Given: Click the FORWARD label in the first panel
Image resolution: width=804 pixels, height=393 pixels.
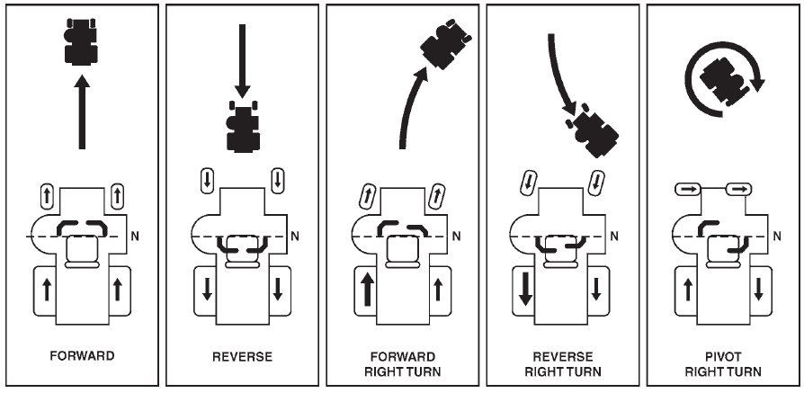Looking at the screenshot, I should coord(82,356).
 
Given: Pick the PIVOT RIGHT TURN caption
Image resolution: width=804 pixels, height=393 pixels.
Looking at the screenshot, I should coord(723,362).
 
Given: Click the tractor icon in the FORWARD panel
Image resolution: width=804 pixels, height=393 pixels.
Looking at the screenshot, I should coord(81,40).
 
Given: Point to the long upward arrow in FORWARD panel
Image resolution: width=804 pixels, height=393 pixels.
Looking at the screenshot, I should coord(82,112).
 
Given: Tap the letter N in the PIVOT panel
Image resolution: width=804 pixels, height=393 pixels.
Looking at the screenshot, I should coord(776,236).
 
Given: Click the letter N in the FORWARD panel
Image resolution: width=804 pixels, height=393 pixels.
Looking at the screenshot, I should coord(135,236).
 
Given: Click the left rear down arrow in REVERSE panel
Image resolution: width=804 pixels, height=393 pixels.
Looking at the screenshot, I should coord(209,290).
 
